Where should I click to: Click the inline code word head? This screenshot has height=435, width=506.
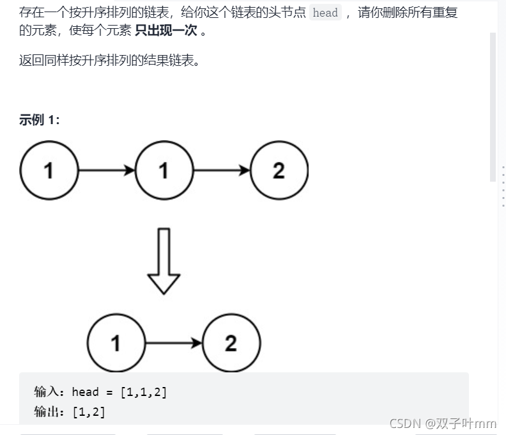coord(325,13)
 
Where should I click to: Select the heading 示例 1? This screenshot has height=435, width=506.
coord(40,120)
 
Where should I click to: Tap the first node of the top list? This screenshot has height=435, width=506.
coord(49,171)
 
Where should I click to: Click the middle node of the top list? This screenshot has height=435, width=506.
coord(164,171)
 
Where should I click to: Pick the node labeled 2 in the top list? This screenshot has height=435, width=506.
coord(279,171)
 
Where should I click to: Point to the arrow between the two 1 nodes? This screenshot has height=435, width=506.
coord(106,171)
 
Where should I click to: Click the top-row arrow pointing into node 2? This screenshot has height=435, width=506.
coord(221,171)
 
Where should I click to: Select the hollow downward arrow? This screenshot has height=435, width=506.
coord(164,261)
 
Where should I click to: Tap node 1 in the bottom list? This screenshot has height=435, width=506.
coord(116,344)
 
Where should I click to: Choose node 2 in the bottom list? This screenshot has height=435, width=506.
coord(231,344)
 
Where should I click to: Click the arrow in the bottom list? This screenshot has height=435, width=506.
coord(173,344)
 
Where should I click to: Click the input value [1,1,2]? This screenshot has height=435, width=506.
coord(144,392)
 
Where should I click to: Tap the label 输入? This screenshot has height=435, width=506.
coord(48,392)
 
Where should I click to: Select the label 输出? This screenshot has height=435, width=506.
coord(48,411)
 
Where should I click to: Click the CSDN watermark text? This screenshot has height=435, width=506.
coord(442,423)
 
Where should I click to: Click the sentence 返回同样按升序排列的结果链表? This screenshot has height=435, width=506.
coord(109,62)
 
